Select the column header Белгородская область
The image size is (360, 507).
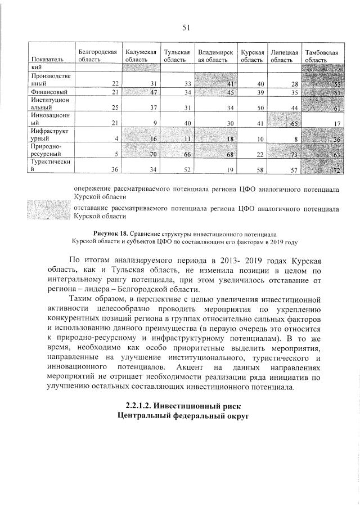click(97, 55)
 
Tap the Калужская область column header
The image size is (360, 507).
click(140, 55)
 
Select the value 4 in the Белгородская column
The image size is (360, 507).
click(115, 139)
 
